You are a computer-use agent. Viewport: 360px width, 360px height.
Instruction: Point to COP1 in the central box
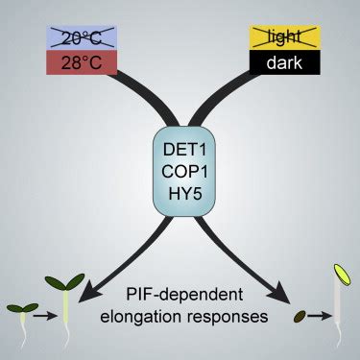pyautogui.click(x=180, y=171)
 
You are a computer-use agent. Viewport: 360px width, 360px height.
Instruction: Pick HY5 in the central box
pyautogui.click(x=180, y=194)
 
